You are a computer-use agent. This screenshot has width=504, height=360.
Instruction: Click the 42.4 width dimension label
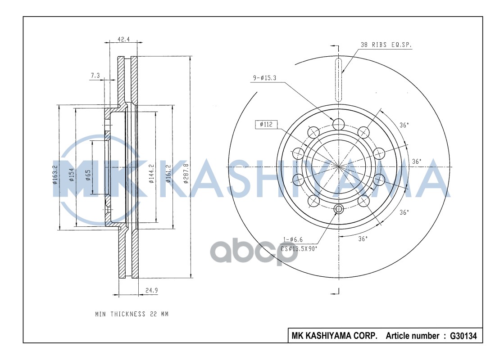click(123, 39)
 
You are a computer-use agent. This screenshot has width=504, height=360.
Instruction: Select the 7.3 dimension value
click(95, 76)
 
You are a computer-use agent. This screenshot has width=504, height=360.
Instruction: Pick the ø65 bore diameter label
click(88, 175)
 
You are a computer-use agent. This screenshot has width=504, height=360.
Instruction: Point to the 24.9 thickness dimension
click(151, 290)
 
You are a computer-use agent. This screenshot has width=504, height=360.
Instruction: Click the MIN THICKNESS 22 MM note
click(132, 314)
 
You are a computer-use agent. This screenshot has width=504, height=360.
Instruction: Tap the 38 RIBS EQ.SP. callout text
click(386, 45)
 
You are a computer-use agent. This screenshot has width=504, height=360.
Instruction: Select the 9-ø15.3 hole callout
click(264, 78)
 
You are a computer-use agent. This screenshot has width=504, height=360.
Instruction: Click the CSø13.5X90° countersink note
click(299, 248)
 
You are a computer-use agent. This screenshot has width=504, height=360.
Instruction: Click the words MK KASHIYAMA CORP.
click(335, 336)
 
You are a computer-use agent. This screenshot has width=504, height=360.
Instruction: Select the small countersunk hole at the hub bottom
click(339, 209)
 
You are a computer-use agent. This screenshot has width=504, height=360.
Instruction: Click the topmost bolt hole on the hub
click(338, 124)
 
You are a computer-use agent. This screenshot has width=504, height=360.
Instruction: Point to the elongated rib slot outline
click(339, 79)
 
